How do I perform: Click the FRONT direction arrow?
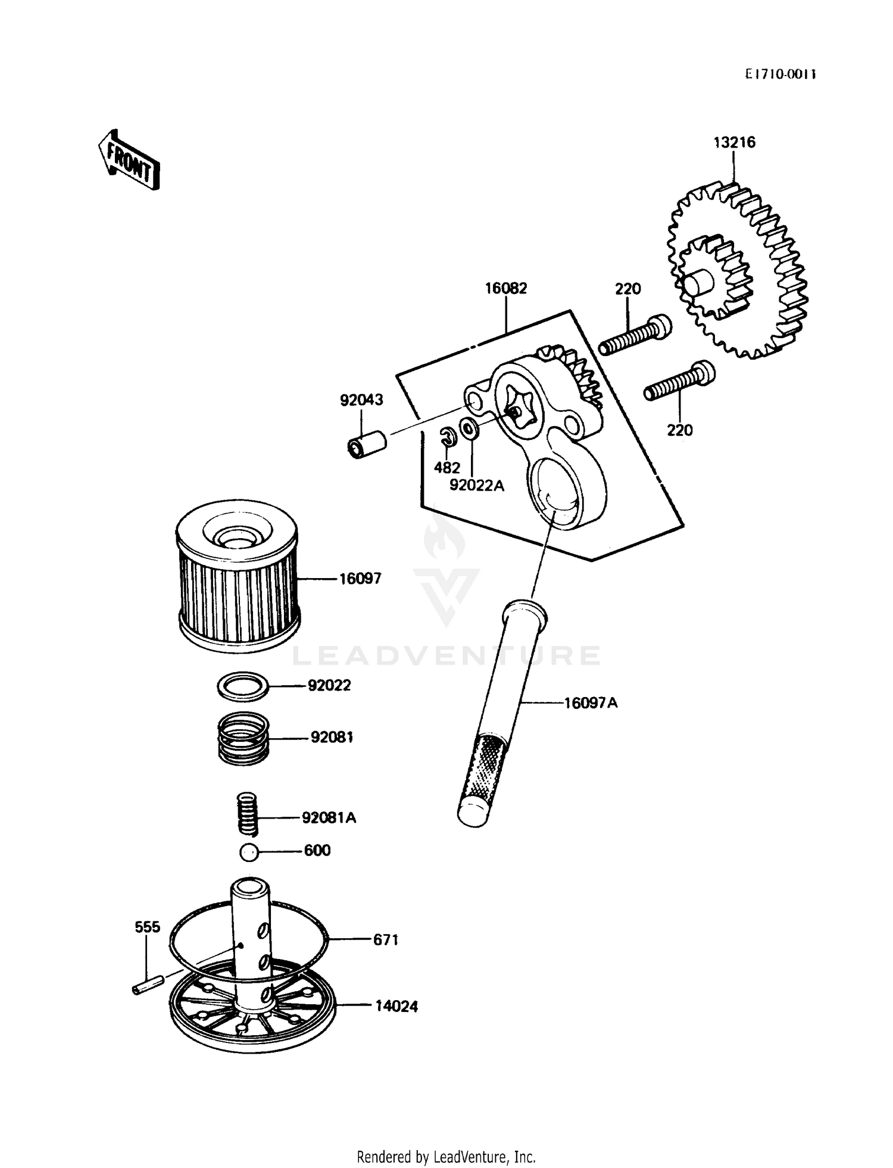(129, 160)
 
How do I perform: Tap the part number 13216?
(735, 142)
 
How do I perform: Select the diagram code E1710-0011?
(780, 74)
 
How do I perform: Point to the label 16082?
(505, 288)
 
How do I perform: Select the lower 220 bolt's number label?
(679, 430)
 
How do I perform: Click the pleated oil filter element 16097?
(238, 574)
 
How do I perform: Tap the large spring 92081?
(242, 738)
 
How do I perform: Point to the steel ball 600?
(249, 852)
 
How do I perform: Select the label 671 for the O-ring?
(385, 939)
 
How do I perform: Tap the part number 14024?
(396, 1006)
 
